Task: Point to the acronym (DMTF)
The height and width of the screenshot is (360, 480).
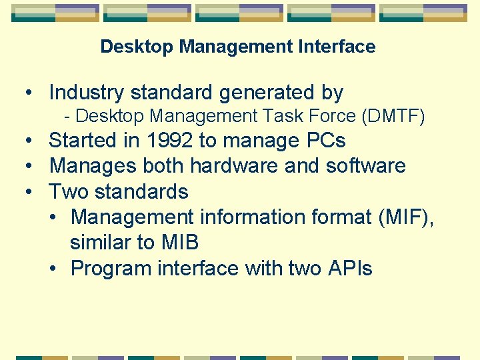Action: (x=393, y=117)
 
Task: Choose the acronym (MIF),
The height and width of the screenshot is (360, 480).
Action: (x=402, y=217)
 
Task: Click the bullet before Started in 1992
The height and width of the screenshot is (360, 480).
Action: (x=31, y=141)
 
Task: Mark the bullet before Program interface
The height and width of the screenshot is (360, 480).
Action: (x=53, y=269)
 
